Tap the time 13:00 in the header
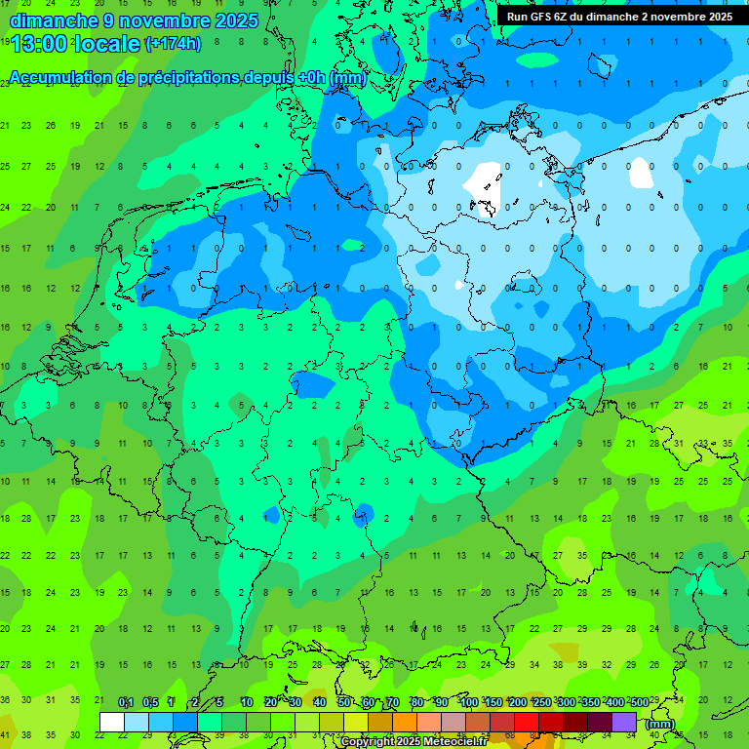click(x=43, y=43)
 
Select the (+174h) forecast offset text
click(x=173, y=43)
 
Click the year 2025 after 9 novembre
click(x=235, y=20)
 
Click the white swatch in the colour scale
click(x=112, y=722)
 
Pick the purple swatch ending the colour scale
click(x=624, y=722)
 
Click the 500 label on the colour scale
click(x=639, y=703)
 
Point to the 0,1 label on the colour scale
click(x=126, y=703)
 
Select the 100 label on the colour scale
click(x=468, y=703)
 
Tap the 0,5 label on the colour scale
click(x=150, y=703)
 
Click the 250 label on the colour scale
click(x=541, y=703)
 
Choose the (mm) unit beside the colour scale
click(x=660, y=724)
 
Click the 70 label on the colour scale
click(x=393, y=703)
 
